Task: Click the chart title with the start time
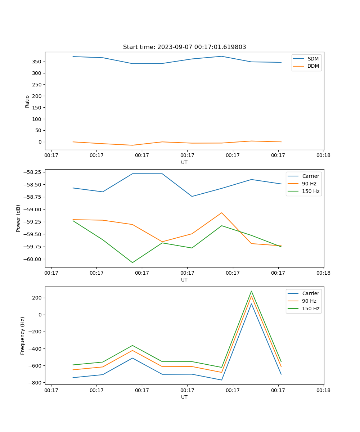click(184, 47)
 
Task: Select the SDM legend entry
click(313, 58)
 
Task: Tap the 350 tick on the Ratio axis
click(37, 62)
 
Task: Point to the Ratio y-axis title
click(27, 101)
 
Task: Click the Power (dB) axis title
click(18, 218)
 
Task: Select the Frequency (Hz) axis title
click(23, 336)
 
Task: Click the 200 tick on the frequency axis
click(37, 298)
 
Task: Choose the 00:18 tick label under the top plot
click(323, 156)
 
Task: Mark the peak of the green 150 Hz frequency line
click(251, 291)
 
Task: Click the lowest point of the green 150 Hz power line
click(132, 262)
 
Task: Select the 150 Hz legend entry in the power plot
click(311, 192)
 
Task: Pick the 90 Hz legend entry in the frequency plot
click(309, 301)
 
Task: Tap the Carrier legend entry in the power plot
click(310, 176)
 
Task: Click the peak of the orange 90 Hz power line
click(222, 213)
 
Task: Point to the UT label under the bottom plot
click(184, 397)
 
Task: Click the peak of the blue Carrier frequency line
click(251, 303)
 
